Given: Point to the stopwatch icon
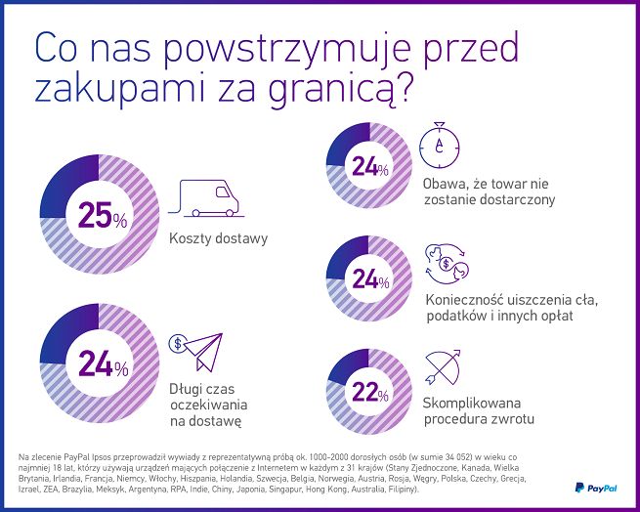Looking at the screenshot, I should pyautogui.click(x=439, y=148).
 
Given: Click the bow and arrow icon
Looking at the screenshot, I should pyautogui.click(x=444, y=369).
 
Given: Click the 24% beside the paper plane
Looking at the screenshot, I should pyautogui.click(x=103, y=367).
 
